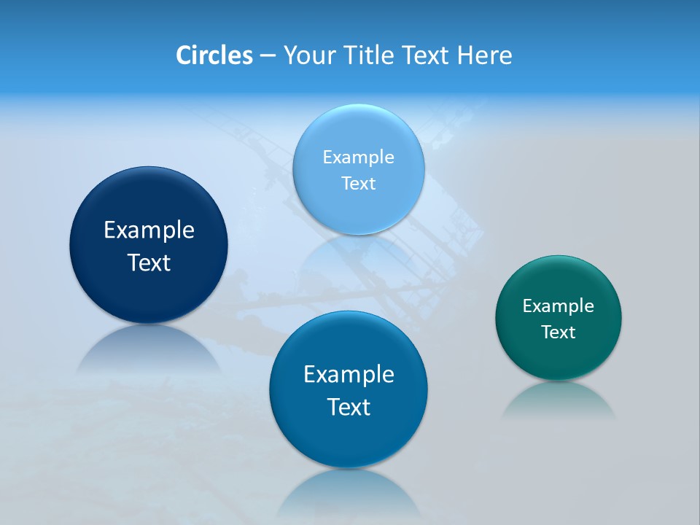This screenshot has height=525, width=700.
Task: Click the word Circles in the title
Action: click(214, 55)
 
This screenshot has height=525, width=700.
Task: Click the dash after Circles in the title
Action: click(268, 55)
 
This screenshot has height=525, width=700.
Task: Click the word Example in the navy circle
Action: click(149, 230)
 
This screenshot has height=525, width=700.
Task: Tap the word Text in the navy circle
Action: click(149, 262)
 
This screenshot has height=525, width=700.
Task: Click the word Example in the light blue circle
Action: click(358, 157)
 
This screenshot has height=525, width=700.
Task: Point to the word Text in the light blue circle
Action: click(358, 183)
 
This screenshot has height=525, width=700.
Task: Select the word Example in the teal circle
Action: click(559, 306)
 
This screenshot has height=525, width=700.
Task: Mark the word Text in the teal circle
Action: click(559, 332)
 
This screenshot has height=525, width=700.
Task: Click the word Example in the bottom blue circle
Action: click(349, 374)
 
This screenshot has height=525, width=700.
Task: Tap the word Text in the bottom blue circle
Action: click(349, 406)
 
